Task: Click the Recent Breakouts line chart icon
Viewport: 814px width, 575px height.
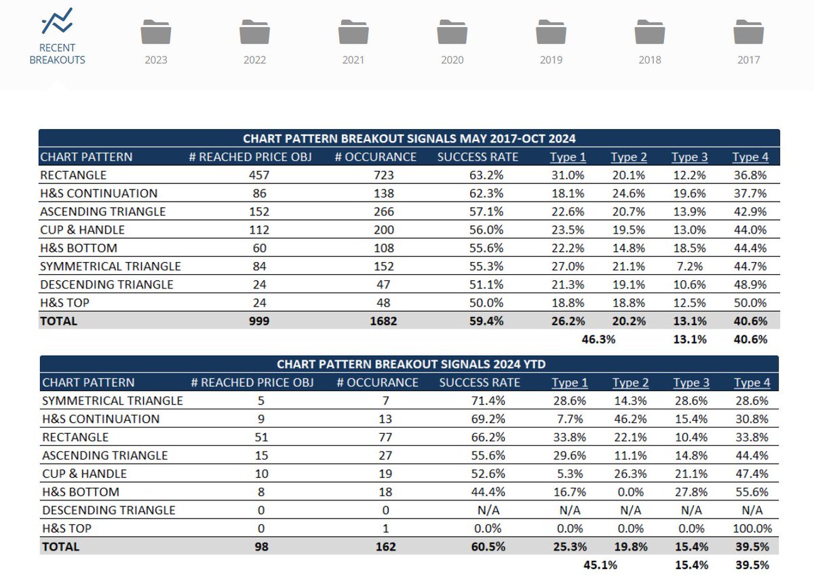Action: [x=57, y=22]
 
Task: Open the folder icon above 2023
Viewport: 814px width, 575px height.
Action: [x=156, y=32]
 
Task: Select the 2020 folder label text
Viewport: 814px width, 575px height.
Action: [x=452, y=60]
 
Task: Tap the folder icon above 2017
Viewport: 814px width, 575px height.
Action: [x=749, y=32]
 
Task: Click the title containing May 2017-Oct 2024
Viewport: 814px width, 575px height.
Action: [x=409, y=138]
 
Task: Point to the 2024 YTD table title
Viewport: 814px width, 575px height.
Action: [x=409, y=364]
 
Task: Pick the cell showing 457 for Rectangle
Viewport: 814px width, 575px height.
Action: [x=251, y=175]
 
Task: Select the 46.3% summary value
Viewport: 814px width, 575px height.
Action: [x=598, y=339]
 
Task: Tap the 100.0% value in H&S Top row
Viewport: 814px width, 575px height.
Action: [x=751, y=528]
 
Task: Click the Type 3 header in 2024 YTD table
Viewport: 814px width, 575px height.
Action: [x=691, y=383]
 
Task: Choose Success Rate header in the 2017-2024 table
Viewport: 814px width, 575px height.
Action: [x=478, y=157]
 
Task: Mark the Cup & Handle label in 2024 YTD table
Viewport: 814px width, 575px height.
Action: [x=84, y=473]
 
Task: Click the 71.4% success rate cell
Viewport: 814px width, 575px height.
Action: [x=487, y=401]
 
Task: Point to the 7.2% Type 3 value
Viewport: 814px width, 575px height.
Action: [x=692, y=266]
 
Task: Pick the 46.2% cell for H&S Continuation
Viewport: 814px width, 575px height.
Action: [x=629, y=419]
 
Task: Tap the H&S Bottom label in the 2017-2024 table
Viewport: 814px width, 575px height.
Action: [x=79, y=248]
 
